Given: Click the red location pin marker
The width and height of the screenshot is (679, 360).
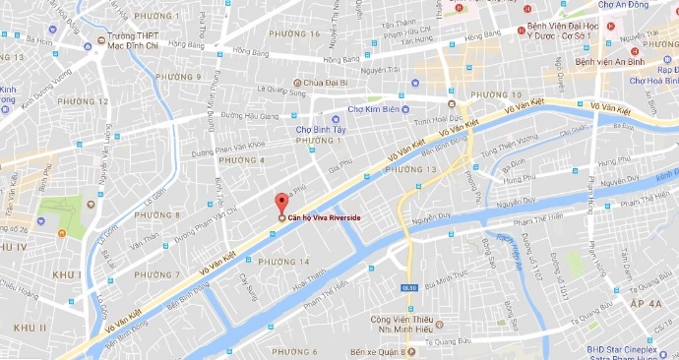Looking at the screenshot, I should point(280,201).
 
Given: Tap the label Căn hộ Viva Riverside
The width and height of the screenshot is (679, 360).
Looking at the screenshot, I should point(324,218).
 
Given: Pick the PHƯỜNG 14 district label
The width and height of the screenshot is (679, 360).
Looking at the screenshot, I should point(282,262).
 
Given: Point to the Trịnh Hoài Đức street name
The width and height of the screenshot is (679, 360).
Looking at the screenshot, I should point(438,122).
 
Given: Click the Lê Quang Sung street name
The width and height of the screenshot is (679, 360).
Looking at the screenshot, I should point(282,90).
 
